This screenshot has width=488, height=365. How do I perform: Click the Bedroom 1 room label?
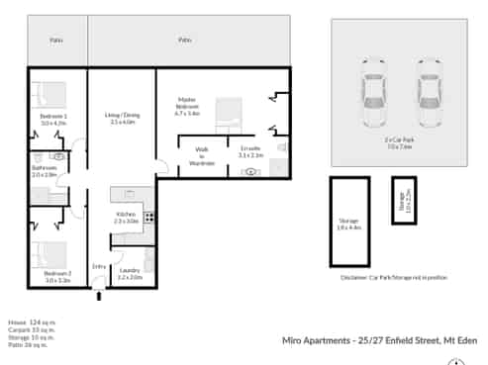click(53, 119)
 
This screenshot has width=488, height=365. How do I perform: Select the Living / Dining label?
click(123, 119)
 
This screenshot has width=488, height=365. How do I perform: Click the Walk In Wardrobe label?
click(201, 157)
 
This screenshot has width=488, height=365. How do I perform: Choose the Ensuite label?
click(249, 152)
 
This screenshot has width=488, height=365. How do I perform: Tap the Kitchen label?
click(126, 218)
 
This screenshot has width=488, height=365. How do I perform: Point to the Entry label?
click(99, 266)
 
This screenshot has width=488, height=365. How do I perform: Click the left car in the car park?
click(374, 99)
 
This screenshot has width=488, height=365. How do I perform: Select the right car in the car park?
click(428, 99)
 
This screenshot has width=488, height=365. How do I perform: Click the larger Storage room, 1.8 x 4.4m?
click(349, 223)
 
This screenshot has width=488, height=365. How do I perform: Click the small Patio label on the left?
click(56, 41)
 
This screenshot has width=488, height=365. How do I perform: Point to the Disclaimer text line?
click(394, 278)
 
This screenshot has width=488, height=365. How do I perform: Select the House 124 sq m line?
click(28, 322)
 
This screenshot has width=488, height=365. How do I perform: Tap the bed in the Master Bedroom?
click(229, 115)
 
